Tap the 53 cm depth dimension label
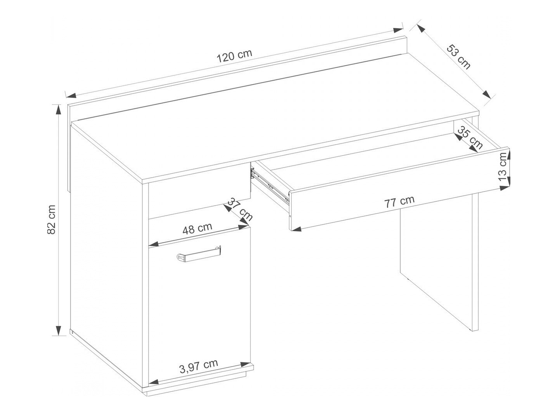[x=458, y=57]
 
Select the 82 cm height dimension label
[x=52, y=220]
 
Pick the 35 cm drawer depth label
[x=470, y=138]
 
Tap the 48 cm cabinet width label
[x=197, y=228]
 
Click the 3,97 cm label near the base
[x=198, y=365]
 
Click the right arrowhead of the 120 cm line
[x=398, y=30]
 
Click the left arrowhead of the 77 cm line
[x=296, y=229]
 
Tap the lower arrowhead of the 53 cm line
[x=486, y=95]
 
